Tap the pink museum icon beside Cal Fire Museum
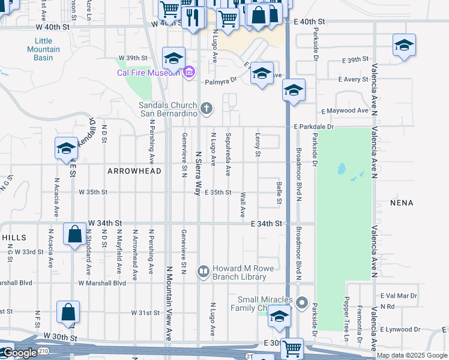coord(188,73)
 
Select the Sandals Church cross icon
coord(206,109)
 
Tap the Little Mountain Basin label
coord(43,49)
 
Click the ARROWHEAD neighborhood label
coord(134,171)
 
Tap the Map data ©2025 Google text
coord(412,355)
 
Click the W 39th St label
coord(133,58)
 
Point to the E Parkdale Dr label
coord(313,127)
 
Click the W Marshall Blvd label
coord(101,283)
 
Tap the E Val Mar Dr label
coord(399,296)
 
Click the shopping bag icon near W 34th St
coord(75,234)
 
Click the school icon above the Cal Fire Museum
coord(173,58)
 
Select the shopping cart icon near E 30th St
coord(292,347)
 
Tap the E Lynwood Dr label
coord(401,329)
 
